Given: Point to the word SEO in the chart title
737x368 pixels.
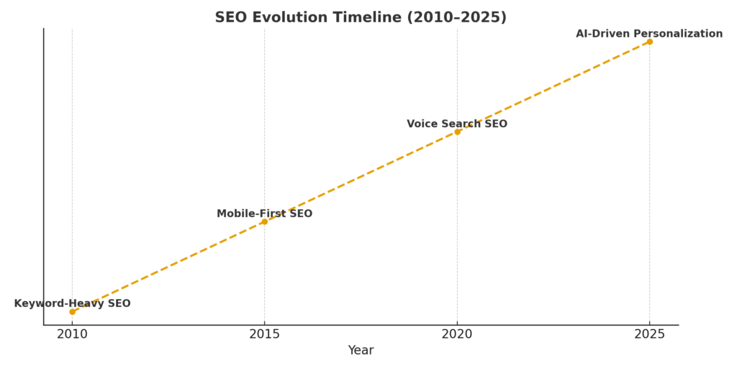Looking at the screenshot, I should [230, 18].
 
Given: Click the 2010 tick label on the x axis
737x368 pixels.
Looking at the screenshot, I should [72, 334].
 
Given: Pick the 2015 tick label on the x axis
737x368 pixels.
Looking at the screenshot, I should [264, 334].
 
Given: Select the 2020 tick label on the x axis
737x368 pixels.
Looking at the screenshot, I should [457, 334].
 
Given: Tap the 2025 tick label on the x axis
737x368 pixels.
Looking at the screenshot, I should [649, 334].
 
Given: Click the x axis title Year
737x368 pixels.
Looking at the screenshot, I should [361, 351].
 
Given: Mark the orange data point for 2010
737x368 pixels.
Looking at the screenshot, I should [72, 311].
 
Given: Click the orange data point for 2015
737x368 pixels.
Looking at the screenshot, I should [264, 221].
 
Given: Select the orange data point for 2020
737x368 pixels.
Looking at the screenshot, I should [457, 132].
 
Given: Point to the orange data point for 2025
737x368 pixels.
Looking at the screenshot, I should [649, 42].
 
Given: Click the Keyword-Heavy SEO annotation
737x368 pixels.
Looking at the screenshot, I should [72, 304].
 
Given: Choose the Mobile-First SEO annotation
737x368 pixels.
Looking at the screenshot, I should [264, 214].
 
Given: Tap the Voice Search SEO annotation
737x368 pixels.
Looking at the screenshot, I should [457, 124].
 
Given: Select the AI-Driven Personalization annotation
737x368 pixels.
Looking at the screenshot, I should [649, 34].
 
